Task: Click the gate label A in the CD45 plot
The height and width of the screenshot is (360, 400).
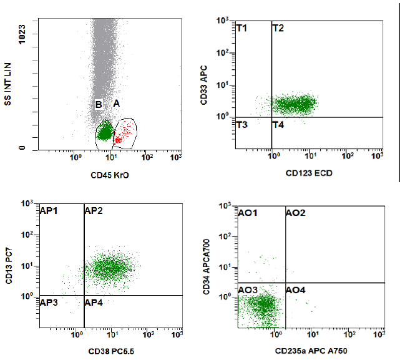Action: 116,103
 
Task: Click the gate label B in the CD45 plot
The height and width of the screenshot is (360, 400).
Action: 99,104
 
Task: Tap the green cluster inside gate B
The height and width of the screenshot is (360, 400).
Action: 105,132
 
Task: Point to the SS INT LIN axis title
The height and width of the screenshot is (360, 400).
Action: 9,82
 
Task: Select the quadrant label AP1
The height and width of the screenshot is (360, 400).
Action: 49,211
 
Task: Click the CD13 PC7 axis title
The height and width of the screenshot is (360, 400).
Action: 9,266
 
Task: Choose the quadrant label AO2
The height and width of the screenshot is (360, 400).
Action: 296,213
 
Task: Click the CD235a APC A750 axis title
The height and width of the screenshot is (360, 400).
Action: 310,351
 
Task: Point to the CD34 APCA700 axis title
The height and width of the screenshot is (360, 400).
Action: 205,266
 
